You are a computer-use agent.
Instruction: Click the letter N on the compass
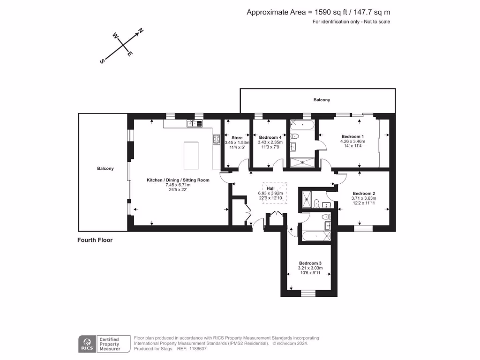pos(140,32)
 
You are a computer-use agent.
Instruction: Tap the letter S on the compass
pos(102,61)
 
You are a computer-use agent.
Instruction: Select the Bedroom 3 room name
pos(310,263)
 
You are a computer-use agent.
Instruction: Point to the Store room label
pos(237,138)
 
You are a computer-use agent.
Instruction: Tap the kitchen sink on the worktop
pos(195,124)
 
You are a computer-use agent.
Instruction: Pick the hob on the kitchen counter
pos(216,139)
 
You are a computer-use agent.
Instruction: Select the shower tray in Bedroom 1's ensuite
pos(302,162)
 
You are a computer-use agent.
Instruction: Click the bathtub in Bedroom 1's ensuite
pos(302,124)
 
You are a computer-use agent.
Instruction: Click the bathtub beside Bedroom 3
pos(316,236)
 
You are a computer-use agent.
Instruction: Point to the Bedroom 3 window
pos(308,293)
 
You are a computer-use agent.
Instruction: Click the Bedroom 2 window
pos(363,228)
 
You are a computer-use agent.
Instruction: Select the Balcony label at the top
pos(322,100)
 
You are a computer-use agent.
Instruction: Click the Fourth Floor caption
pos(95,240)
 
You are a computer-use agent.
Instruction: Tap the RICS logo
pos(86,344)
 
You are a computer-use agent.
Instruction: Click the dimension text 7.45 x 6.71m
pos(178,185)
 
